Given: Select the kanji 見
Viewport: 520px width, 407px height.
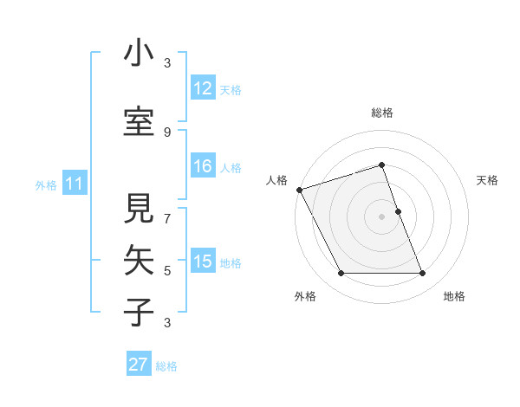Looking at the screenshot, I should [x=139, y=209].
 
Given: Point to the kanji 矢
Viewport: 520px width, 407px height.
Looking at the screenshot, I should [x=139, y=261].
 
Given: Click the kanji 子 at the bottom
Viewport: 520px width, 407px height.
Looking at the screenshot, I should [x=139, y=313].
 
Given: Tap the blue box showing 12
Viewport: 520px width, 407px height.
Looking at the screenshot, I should [x=202, y=88].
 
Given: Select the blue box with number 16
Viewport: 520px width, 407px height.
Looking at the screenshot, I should [x=202, y=166].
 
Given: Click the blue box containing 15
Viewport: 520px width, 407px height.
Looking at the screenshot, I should [x=202, y=262].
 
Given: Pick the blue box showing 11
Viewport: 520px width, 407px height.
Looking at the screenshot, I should [x=75, y=184].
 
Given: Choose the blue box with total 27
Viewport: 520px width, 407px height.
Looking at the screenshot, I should [x=138, y=365].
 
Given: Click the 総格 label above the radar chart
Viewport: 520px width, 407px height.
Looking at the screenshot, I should [x=381, y=113].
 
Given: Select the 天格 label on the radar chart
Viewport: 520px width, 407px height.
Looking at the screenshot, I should [x=487, y=180].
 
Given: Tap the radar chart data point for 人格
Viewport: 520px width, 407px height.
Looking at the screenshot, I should [x=299, y=189].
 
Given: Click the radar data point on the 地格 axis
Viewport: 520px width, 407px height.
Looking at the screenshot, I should [x=422, y=274].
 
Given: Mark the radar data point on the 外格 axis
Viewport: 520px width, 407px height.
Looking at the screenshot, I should [x=341, y=274].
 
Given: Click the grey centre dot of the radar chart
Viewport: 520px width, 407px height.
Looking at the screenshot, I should [x=381, y=216].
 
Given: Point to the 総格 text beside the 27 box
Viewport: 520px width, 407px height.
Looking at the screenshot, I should [x=166, y=366].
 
